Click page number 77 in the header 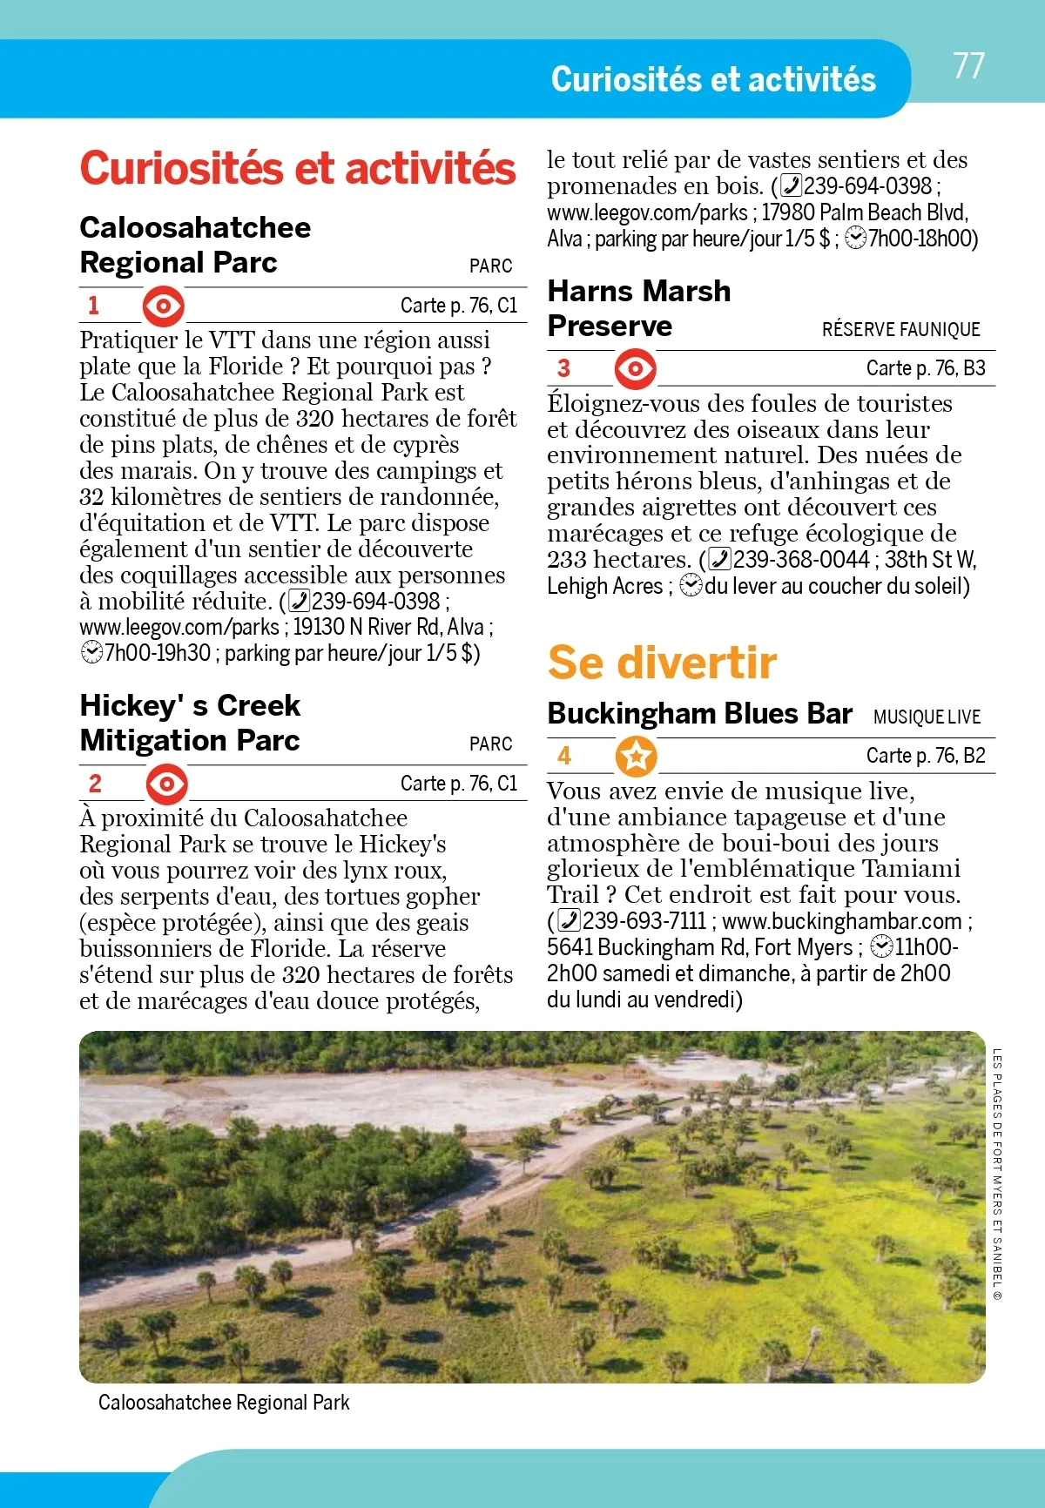tap(968, 66)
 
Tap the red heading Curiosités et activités tap(298, 169)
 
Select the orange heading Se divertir tap(662, 663)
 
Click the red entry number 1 tap(94, 306)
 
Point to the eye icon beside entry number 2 tap(166, 784)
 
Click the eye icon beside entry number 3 tap(635, 369)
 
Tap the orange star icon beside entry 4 tap(637, 757)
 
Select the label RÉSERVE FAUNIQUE tap(900, 330)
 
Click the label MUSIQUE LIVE tap(927, 717)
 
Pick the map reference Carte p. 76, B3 tap(926, 369)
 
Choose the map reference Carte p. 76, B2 tap(926, 757)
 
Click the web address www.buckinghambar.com tap(842, 921)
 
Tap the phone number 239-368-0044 tap(801, 560)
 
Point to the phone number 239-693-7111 tap(644, 921)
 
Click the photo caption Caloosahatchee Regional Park tap(224, 1403)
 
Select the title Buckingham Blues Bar tap(699, 714)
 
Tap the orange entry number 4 tap(564, 756)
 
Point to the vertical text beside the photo tap(997, 1175)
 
